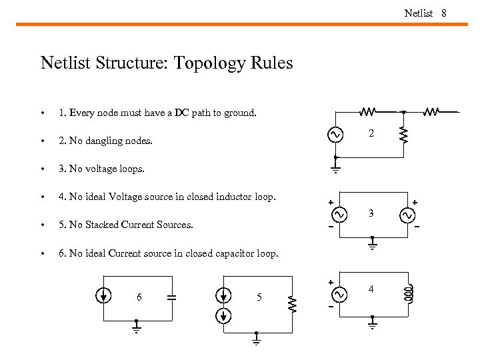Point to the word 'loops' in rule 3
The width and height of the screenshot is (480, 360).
click(x=129, y=169)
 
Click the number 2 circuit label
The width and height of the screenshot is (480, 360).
click(x=372, y=134)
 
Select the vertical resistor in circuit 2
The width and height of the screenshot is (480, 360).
click(x=403, y=135)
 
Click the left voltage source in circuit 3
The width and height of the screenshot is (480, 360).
click(x=339, y=215)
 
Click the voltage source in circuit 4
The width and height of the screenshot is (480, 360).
click(x=339, y=293)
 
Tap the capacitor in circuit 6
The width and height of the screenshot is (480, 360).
click(x=171, y=297)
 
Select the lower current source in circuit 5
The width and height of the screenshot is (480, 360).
click(x=225, y=315)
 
